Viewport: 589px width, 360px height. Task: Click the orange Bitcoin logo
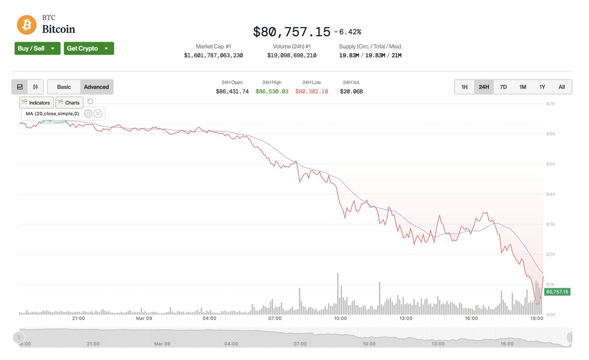tap(27, 25)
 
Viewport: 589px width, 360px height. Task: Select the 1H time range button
tap(464, 87)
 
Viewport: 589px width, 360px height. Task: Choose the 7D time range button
tap(503, 87)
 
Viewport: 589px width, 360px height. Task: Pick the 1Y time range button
tap(542, 87)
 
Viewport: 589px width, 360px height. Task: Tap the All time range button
tap(562, 87)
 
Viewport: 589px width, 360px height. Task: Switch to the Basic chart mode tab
tap(64, 87)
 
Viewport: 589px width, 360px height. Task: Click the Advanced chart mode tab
tap(96, 87)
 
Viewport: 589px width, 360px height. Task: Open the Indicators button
tap(36, 103)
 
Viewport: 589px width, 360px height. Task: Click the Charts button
tap(69, 103)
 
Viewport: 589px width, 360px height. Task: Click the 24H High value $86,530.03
tap(272, 91)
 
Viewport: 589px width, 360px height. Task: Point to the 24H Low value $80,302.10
tap(312, 91)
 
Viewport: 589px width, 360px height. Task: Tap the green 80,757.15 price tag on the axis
tap(557, 292)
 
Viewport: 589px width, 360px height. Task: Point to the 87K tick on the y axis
tap(550, 104)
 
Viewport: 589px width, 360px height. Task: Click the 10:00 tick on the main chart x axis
tap(340, 318)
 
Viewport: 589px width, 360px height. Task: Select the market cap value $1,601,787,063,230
tap(214, 55)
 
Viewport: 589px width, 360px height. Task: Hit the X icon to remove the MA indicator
tap(98, 114)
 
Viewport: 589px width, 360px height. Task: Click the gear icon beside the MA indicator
tap(88, 114)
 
